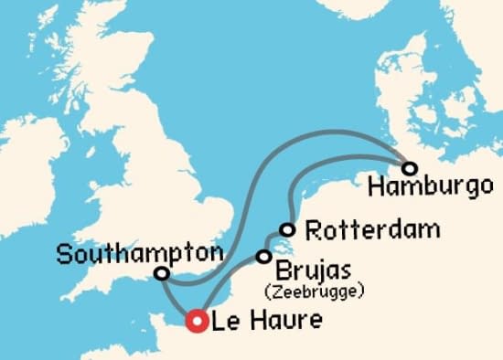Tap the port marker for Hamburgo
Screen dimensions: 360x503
409,168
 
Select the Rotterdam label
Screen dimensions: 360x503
359,229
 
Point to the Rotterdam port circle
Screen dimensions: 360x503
288,229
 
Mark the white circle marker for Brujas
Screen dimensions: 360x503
264,257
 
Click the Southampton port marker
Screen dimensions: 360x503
162,273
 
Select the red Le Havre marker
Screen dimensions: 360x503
196,321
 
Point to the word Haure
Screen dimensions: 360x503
271,321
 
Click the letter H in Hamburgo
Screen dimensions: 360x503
372,188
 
